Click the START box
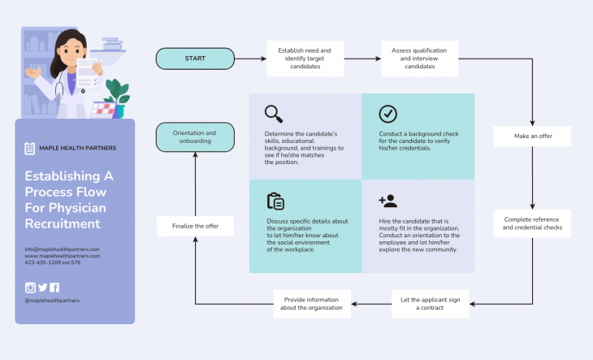click(x=195, y=59)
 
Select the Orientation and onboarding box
click(x=195, y=137)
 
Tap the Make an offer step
click(x=533, y=137)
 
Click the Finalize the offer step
click(x=195, y=226)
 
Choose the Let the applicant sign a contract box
click(x=431, y=304)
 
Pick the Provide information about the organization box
click(x=311, y=304)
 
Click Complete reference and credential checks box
click(x=532, y=223)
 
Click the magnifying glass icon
click(x=274, y=114)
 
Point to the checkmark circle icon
click(x=387, y=114)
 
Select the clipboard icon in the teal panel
click(x=275, y=202)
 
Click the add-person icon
click(x=387, y=201)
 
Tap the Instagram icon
click(x=31, y=287)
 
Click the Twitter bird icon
click(x=43, y=287)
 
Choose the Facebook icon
click(x=54, y=287)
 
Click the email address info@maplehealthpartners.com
click(x=62, y=249)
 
